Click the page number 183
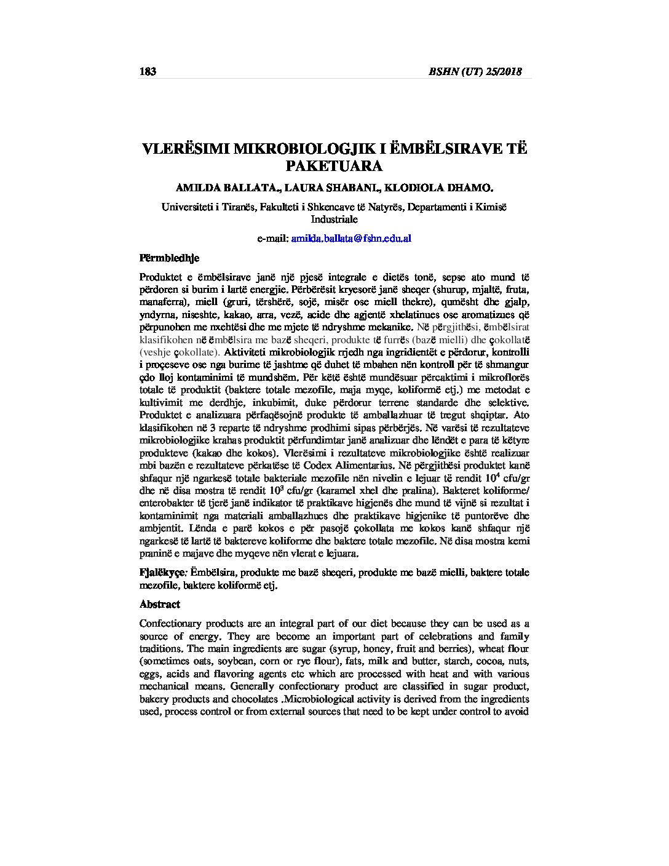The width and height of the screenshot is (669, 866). point(148,71)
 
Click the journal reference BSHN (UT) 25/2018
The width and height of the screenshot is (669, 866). point(475,71)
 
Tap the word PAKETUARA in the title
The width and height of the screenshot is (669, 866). point(334,166)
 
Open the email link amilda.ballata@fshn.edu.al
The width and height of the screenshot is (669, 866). point(351,238)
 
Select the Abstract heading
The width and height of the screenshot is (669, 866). point(159,604)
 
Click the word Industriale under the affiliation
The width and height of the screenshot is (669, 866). point(334,219)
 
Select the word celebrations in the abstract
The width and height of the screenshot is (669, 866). point(445,637)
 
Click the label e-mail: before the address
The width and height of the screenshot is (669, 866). point(272,238)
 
